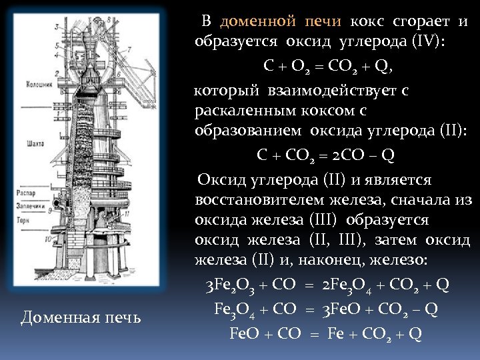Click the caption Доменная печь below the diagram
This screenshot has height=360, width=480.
81,317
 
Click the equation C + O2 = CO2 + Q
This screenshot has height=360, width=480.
327,66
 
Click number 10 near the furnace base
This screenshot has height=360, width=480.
47,237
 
